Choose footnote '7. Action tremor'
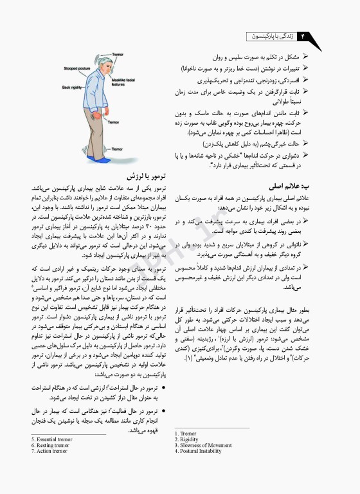click(x=50, y=451)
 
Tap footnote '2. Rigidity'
click(x=187, y=439)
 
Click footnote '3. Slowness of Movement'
click(x=203, y=445)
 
